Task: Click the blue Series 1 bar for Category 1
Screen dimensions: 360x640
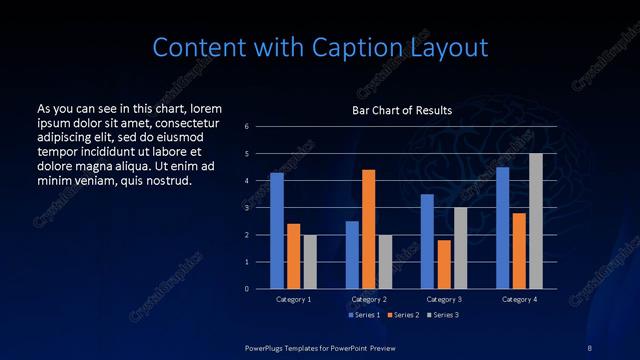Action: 277,231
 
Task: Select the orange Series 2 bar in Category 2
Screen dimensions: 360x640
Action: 368,229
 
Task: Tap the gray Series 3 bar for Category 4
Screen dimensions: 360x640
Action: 535,221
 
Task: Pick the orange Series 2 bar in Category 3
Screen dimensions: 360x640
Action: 444,264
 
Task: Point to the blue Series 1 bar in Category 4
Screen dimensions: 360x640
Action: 502,228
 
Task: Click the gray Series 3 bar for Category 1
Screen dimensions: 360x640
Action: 310,262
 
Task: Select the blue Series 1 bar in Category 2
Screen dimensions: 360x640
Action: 352,255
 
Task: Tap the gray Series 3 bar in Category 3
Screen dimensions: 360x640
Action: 460,248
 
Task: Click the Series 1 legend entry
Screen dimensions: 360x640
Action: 363,315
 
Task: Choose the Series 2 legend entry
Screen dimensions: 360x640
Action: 402,315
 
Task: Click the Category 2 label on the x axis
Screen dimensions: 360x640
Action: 368,299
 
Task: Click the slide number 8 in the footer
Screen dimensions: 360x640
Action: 589,347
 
